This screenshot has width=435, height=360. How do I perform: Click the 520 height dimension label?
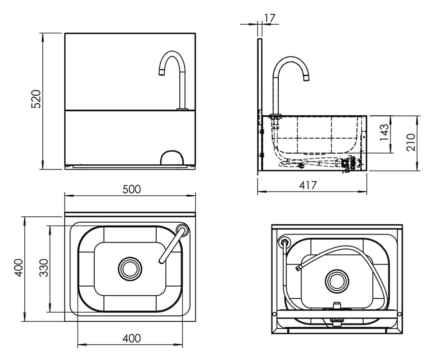tap(36, 99)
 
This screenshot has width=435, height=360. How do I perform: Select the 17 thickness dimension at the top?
tap(269, 18)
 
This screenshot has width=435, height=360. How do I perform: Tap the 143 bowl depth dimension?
tap(384, 132)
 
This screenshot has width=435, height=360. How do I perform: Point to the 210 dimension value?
tap(411, 142)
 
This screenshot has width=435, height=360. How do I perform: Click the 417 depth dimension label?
tap(308, 185)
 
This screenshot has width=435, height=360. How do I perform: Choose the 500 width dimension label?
tap(131, 189)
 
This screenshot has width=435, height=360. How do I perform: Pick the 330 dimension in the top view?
tap(44, 268)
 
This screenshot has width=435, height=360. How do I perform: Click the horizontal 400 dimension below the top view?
tap(131, 338)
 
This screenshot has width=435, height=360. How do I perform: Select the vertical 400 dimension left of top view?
tap(18, 267)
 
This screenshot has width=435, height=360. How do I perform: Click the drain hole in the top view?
tap(130, 269)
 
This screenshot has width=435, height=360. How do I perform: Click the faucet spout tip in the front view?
tap(162, 72)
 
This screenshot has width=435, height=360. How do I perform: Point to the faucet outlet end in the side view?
tap(306, 78)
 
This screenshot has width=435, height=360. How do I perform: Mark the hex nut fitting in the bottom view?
tap(284, 242)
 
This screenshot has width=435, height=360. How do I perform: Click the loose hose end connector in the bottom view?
tap(299, 268)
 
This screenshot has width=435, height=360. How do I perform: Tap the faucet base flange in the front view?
tap(182, 109)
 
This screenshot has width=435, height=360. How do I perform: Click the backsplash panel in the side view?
tap(260, 105)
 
